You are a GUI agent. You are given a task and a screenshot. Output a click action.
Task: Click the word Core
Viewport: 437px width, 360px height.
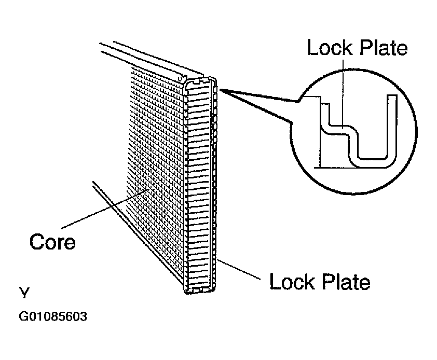tap(52, 242)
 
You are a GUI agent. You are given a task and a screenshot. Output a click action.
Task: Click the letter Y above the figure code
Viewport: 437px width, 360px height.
tap(24, 293)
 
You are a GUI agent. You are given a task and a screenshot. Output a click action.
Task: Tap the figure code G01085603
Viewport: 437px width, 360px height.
tap(52, 316)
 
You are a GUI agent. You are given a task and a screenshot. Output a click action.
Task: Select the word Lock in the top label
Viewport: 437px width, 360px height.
tap(330, 47)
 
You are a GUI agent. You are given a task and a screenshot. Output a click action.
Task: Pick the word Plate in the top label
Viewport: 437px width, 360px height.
tap(384, 47)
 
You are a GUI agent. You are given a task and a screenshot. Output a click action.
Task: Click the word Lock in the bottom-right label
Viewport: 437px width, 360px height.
tap(292, 282)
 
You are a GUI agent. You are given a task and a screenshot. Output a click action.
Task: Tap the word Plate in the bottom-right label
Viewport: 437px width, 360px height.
tap(346, 282)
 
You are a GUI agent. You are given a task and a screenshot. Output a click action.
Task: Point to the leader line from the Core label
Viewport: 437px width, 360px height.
tap(105, 209)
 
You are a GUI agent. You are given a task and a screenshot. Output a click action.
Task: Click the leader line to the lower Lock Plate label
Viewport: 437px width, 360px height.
tap(238, 269)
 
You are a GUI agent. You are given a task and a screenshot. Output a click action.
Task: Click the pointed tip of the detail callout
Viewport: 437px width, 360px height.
tap(220, 90)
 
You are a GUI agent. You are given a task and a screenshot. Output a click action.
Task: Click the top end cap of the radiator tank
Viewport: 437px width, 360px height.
tap(199, 81)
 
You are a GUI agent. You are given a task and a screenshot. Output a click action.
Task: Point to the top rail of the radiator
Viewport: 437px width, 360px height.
tap(152, 60)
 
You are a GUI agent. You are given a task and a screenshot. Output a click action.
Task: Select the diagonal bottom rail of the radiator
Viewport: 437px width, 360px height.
tap(138, 237)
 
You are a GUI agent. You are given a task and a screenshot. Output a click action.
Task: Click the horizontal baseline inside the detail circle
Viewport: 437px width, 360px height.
tap(352, 168)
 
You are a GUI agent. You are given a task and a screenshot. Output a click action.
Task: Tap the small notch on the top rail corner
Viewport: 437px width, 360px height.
tap(181, 78)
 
